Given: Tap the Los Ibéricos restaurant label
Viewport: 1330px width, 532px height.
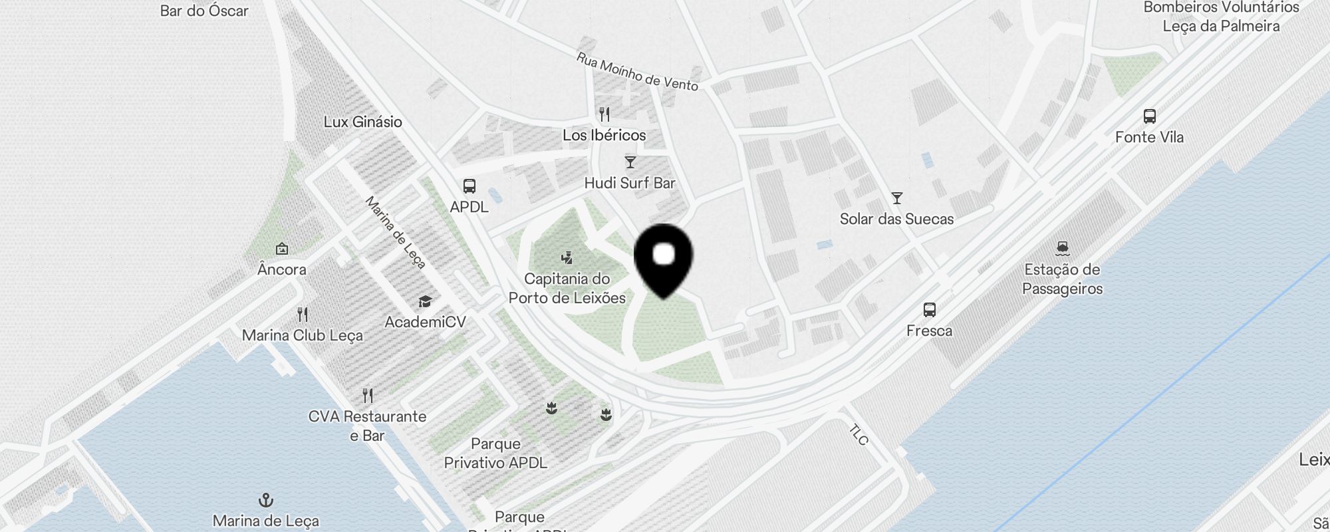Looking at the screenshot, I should [604, 136].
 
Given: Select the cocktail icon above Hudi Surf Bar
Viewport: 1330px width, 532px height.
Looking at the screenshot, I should [630, 162].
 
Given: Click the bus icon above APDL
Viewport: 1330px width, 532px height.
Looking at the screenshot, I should [469, 186].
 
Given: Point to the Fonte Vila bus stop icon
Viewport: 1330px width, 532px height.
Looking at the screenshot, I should [1149, 116].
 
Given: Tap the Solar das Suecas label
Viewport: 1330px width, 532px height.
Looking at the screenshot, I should [896, 219].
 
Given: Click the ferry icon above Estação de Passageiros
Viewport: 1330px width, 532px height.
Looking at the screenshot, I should [1062, 249].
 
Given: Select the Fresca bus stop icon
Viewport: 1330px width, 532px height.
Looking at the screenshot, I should [930, 310].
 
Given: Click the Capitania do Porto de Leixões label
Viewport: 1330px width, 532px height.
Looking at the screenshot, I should [567, 288].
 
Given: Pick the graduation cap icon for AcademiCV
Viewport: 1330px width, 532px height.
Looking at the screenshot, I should [425, 303].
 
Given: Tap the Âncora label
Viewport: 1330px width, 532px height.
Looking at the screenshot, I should [282, 269].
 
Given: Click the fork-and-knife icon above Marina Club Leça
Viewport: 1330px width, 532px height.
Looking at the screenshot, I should [303, 314].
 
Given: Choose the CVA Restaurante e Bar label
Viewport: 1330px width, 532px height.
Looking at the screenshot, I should [367, 426].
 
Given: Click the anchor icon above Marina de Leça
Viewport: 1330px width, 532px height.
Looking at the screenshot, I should [266, 500].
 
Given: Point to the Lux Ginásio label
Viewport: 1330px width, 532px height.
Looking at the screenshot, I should [362, 122].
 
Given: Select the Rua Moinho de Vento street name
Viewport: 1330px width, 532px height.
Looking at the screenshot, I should [637, 72].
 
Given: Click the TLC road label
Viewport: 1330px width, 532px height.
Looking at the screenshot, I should [859, 435].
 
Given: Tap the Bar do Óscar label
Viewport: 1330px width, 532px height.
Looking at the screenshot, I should [204, 11].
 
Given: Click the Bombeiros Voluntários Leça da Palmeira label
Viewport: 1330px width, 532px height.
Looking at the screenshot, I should [1221, 17].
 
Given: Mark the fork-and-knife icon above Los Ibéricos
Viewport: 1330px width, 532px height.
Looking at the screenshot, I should [604, 114].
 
